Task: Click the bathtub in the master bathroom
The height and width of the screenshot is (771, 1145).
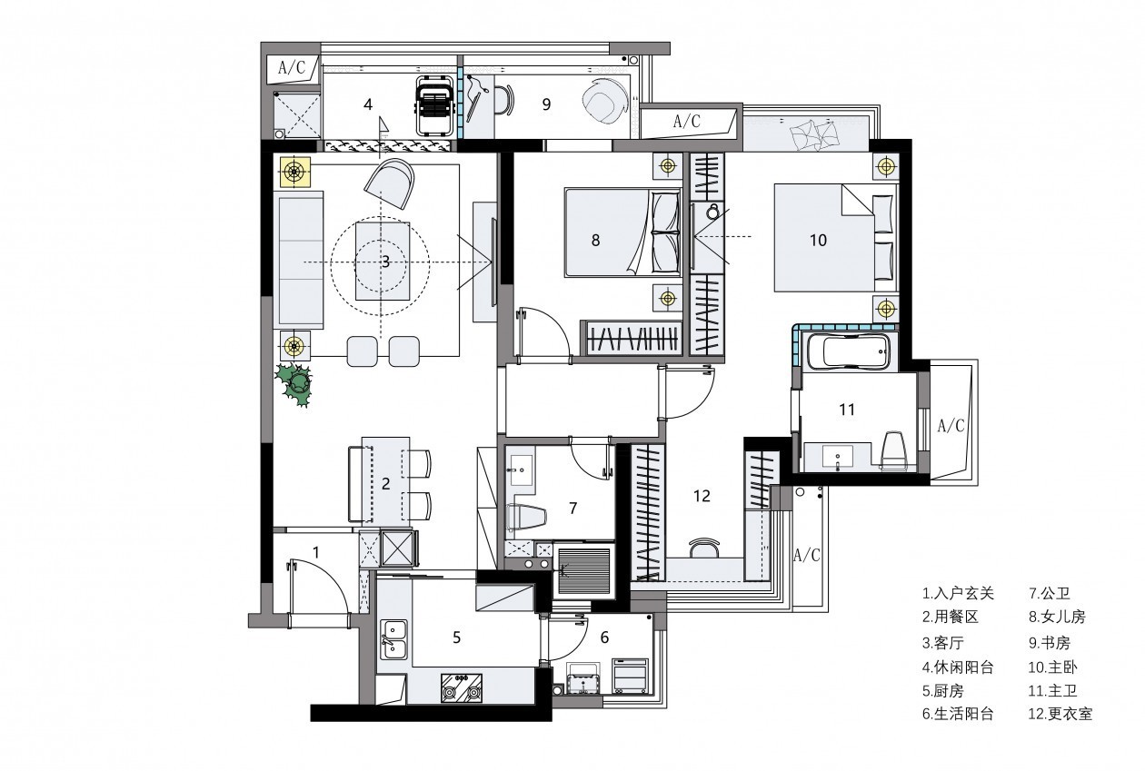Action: (x=849, y=351)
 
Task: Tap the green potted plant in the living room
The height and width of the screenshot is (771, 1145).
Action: (x=294, y=384)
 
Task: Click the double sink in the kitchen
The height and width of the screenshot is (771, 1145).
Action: (x=394, y=639)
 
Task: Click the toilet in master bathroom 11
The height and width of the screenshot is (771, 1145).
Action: (x=894, y=450)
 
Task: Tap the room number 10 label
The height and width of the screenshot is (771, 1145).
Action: (x=819, y=240)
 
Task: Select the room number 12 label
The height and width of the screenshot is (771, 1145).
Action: (x=702, y=496)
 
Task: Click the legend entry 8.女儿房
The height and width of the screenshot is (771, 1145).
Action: (x=1057, y=618)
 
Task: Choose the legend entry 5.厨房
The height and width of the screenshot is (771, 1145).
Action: (x=943, y=691)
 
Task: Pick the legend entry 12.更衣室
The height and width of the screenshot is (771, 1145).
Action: (x=1060, y=714)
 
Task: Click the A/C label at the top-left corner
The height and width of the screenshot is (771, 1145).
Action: (x=292, y=67)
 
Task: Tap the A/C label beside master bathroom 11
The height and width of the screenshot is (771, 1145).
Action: (x=951, y=425)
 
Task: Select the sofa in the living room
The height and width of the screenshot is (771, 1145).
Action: (x=299, y=260)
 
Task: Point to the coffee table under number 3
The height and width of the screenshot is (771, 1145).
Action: (x=383, y=262)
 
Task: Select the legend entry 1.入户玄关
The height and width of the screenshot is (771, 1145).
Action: (x=959, y=594)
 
